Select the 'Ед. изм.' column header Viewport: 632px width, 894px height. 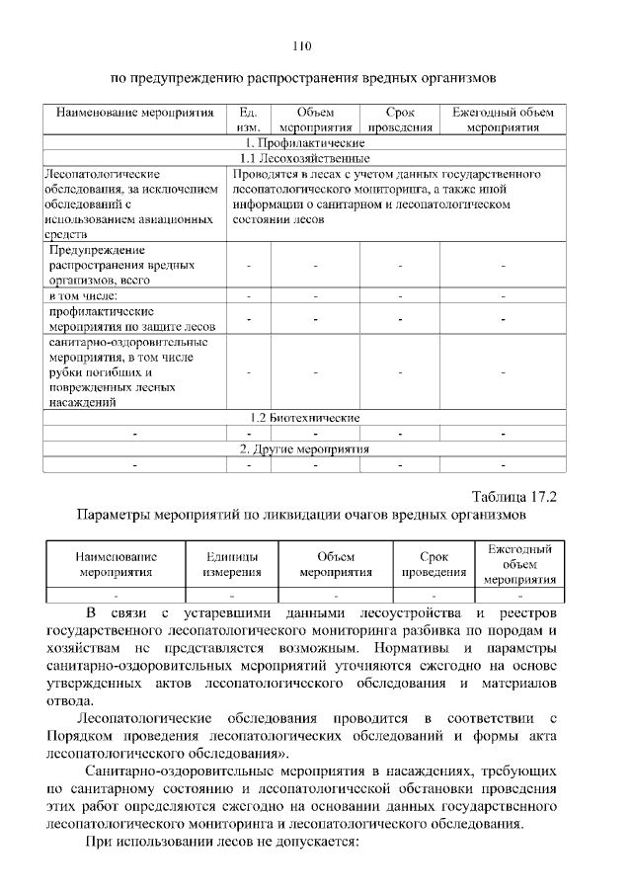click(x=249, y=120)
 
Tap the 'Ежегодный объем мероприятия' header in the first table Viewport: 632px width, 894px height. click(x=503, y=120)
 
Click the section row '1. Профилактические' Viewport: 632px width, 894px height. click(x=304, y=142)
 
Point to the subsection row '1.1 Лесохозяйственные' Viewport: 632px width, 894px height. click(x=304, y=158)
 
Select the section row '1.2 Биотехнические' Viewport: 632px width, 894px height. click(x=304, y=418)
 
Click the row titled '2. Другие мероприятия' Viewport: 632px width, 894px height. click(x=304, y=448)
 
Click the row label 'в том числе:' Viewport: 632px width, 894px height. click(x=84, y=295)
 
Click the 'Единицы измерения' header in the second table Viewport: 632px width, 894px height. click(x=232, y=563)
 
